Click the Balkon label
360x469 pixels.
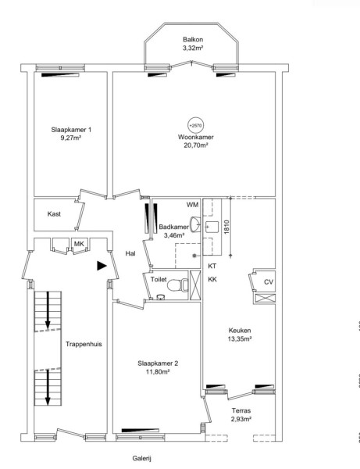tap(193, 40)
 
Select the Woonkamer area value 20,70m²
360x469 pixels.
tap(196, 145)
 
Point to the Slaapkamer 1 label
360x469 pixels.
tap(71, 130)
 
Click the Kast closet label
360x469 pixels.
tap(54, 214)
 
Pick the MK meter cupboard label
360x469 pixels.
tap(79, 244)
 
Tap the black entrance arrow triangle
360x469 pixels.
tap(102, 266)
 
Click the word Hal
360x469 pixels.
tap(130, 253)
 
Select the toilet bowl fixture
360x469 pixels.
tap(177, 285)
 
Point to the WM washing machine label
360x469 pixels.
tap(193, 205)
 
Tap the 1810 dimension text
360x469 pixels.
tap(226, 227)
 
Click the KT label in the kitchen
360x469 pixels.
tap(212, 266)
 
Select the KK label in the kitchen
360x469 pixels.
tap(212, 279)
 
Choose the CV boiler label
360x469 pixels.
tap(269, 281)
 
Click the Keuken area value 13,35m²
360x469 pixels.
tap(240, 339)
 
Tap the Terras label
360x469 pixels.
tap(241, 410)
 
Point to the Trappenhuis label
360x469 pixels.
tap(84, 344)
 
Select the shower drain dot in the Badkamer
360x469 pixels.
tap(194, 256)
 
